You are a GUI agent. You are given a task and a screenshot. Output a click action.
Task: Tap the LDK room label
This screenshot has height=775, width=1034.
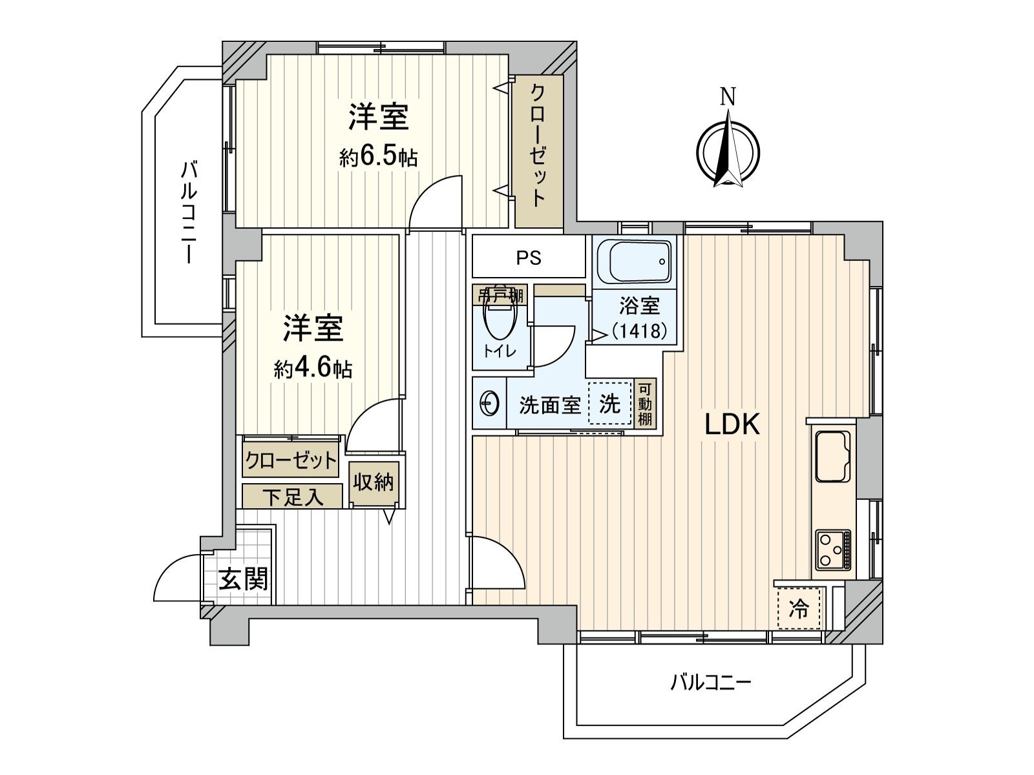(732, 424)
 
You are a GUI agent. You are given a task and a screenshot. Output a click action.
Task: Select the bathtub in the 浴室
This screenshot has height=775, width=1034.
(633, 262)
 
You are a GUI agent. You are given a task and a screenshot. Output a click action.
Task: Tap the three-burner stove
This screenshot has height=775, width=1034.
(833, 550)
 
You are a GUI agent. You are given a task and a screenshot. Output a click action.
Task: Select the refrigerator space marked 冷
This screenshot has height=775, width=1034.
(800, 608)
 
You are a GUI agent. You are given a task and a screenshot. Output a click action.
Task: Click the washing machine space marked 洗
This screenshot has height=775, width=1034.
(609, 404)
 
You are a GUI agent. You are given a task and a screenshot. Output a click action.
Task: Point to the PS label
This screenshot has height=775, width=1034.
(528, 258)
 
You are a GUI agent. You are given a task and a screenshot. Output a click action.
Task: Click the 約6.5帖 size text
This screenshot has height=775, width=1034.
(378, 157)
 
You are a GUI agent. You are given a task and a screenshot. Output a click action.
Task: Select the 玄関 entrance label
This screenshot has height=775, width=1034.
(243, 579)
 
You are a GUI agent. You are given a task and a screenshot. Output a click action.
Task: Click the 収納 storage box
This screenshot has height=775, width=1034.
(374, 482)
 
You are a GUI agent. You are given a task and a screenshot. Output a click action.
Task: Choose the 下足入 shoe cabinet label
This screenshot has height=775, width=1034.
(292, 497)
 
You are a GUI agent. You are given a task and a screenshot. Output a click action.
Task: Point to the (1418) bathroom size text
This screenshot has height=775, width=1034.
(638, 331)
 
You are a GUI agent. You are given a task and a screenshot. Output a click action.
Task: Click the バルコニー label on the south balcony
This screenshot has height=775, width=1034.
(710, 682)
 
